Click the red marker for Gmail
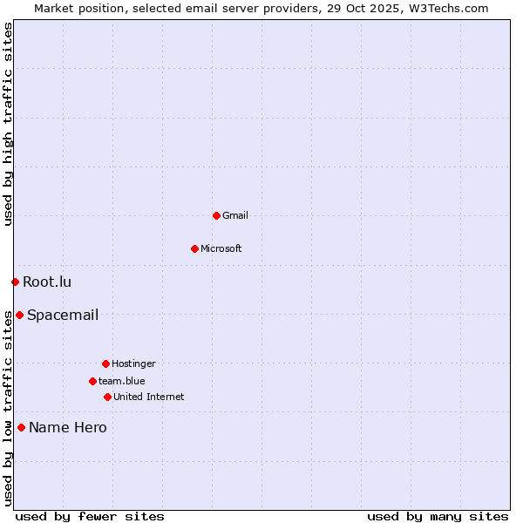216,215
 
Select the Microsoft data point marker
194,248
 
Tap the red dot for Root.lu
15,282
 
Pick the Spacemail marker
19,315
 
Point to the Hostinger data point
105,363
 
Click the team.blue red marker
92,381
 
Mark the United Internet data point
107,397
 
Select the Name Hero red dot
21,427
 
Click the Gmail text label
235,215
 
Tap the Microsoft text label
221,248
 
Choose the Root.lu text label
47,282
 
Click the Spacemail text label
63,315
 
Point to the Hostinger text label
133,363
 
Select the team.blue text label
122,381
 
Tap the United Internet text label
149,397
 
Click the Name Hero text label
68,427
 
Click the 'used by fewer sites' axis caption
90,516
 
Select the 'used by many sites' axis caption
438,516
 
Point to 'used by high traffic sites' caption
8,124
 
